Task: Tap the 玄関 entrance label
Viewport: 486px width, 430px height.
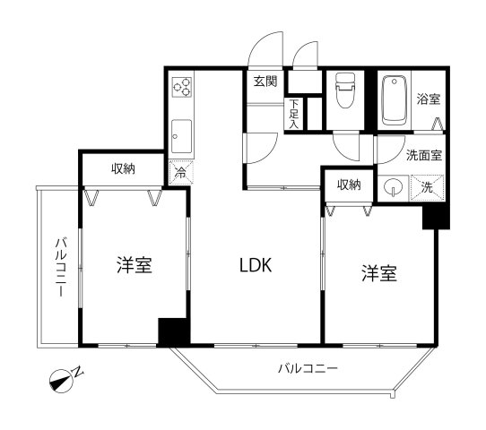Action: pos(265,82)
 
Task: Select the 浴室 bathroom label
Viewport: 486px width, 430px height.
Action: pos(429,99)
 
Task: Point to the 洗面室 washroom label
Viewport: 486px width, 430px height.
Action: pos(423,155)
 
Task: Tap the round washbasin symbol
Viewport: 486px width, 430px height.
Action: pos(392,187)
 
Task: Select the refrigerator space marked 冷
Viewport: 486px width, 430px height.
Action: pos(180,171)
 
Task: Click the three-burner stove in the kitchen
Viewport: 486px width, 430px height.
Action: pos(182,88)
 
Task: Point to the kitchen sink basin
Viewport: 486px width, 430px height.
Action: pos(182,134)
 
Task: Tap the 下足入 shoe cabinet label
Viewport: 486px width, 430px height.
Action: pos(292,113)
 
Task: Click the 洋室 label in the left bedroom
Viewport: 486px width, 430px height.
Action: pos(134,266)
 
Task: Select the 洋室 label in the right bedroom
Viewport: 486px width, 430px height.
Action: pos(379,273)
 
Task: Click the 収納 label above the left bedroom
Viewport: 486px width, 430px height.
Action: pos(123,168)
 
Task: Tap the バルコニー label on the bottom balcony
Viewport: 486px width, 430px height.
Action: pos(307,368)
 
